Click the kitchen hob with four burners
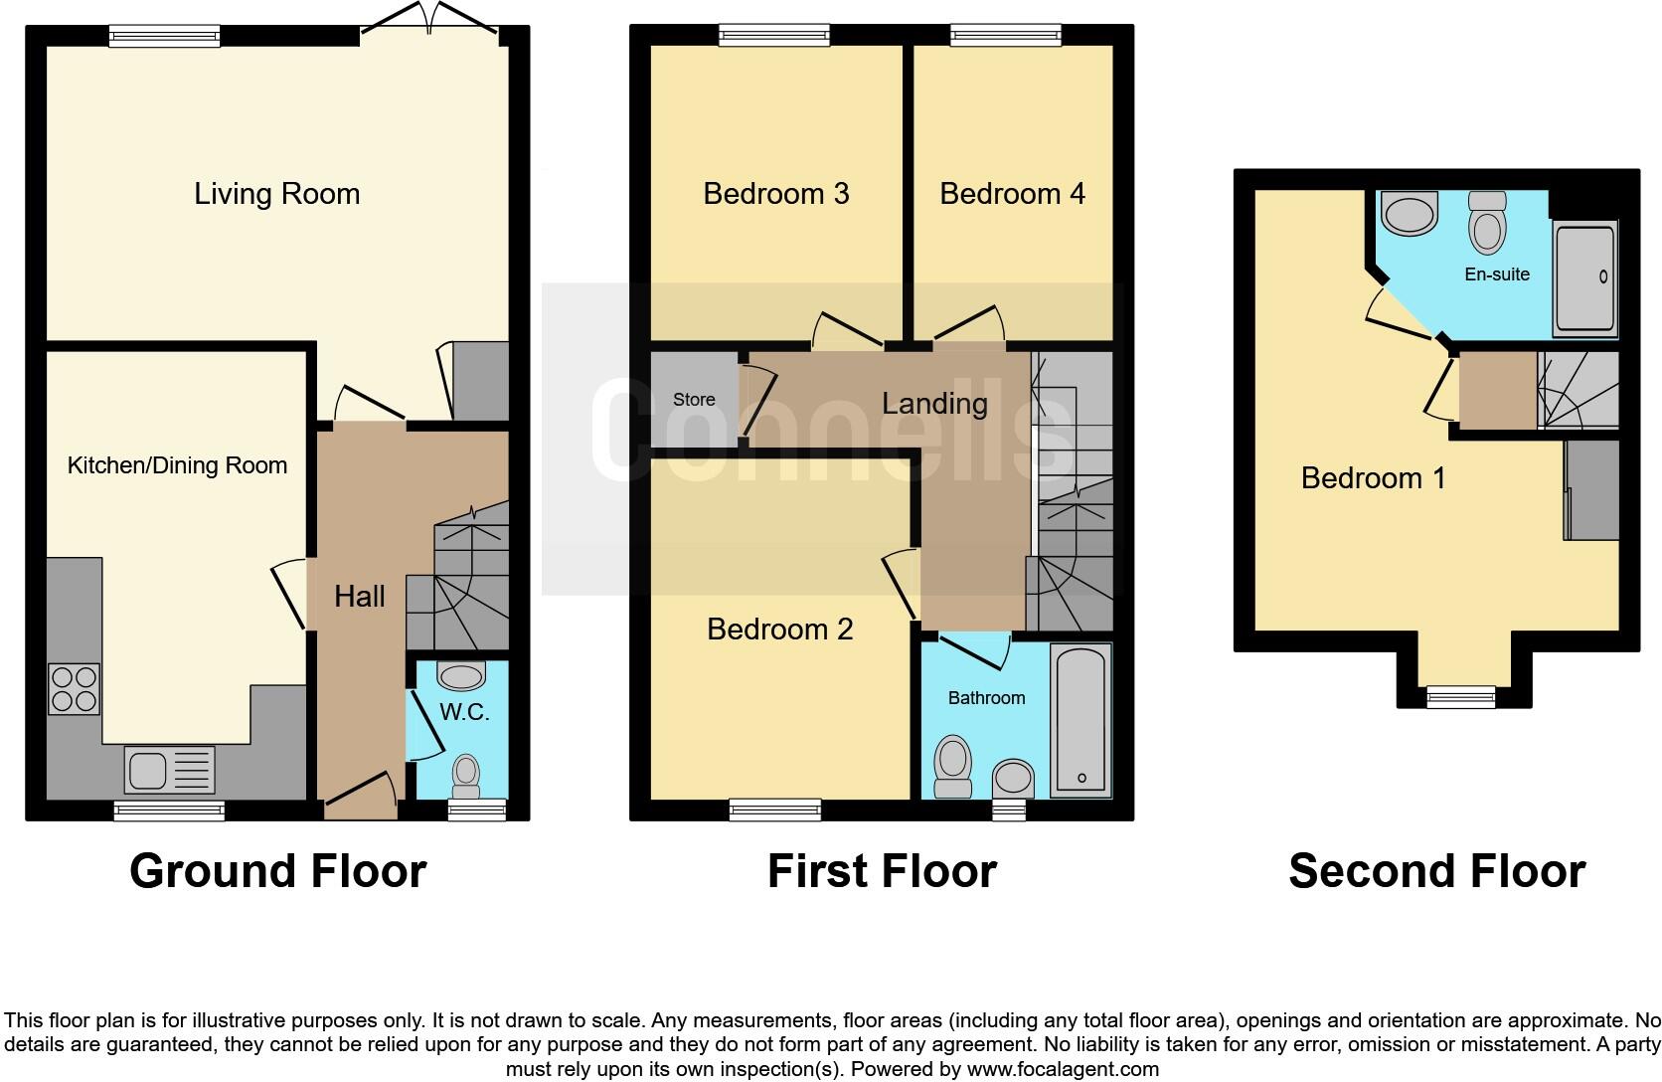pos(74,688)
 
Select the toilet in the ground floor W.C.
pos(464,772)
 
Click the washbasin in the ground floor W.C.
pos(461,676)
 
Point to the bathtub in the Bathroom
pos(1080,721)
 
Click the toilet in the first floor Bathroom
pos(953,767)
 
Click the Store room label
pos(694,400)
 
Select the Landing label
pos(934,403)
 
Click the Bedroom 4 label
pos(1012,193)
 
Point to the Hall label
pos(359,596)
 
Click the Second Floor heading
pos(1436,871)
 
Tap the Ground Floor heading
pos(277,871)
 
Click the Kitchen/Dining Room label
pos(177,465)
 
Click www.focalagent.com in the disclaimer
pos(1063,1070)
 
